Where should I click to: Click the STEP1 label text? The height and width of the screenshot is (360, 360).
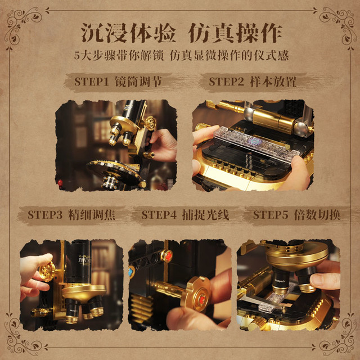pos(91,82)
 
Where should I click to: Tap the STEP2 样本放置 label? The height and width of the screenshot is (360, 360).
pos(253,82)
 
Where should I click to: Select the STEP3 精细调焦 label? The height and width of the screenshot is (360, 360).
pos(71,215)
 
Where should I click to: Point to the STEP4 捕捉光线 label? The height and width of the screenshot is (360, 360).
pos(185,215)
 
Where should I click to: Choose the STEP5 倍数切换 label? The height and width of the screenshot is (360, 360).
pos(297,215)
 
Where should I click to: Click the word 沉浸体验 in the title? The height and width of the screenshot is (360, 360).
pos(129,33)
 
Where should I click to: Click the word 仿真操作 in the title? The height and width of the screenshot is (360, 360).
pos(235,33)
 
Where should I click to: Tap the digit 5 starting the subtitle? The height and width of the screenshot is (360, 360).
pos(76,56)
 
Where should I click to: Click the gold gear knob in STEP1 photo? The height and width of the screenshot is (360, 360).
pos(150,123)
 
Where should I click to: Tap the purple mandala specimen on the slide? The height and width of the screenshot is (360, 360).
pos(254,142)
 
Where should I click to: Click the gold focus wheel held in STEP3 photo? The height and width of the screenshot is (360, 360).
pos(47,271)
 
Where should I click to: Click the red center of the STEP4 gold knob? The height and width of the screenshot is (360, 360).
pos(201,299)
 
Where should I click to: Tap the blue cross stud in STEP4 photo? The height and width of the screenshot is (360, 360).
pos(132,272)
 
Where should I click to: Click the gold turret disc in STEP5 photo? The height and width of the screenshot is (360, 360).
pos(298,255)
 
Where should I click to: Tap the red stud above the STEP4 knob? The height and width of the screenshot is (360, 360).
pos(168,255)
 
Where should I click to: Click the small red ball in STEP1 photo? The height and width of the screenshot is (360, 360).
pos(60,182)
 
